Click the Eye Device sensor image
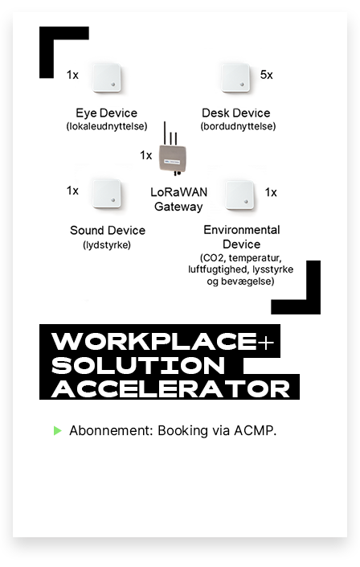tap(106, 78)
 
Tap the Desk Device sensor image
tap(235, 78)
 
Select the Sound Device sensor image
tap(106, 194)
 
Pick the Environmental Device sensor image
tap(239, 195)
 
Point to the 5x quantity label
tap(267, 75)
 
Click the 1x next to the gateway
tap(145, 155)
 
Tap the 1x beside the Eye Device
tap(72, 75)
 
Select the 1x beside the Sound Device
tap(72, 191)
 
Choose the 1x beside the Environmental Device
tap(271, 192)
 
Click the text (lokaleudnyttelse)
tap(107, 126)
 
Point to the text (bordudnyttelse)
tap(238, 126)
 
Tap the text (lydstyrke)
tap(107, 244)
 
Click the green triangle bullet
tap(58, 430)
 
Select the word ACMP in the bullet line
tap(256, 430)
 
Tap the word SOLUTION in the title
tap(138, 365)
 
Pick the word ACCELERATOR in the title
tap(171, 389)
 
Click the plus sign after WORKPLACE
tap(267, 342)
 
